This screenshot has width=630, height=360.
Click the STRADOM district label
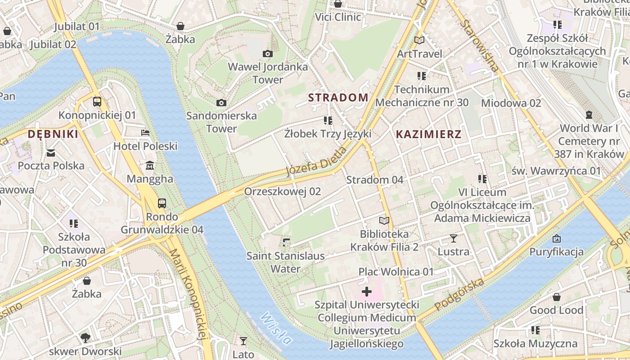point(338,98)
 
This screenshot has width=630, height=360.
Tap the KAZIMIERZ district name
point(428,134)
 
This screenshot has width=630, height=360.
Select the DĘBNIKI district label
point(53,134)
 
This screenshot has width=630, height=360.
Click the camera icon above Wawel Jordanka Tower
point(267,54)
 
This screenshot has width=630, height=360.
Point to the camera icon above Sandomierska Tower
point(221,103)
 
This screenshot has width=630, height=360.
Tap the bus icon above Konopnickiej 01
point(97,101)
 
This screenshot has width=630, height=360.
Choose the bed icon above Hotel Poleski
point(145,133)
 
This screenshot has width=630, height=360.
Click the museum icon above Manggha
point(150,166)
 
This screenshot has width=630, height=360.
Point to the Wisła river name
point(275,333)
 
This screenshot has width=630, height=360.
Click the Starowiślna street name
point(481,45)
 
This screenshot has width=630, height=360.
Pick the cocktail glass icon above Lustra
point(453,238)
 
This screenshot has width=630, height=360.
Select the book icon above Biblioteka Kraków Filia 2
point(384,220)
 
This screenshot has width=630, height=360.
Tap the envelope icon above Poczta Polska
point(51,153)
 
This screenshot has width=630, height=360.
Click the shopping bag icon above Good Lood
point(556,297)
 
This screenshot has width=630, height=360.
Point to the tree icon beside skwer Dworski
point(85,337)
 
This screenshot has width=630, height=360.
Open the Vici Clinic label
point(338,17)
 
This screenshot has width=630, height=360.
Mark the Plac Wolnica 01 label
point(396,272)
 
